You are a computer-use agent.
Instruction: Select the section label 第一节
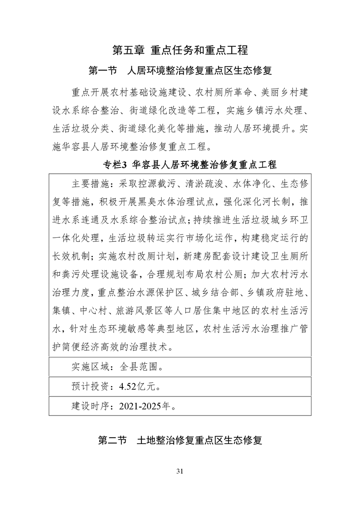(103, 71)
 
